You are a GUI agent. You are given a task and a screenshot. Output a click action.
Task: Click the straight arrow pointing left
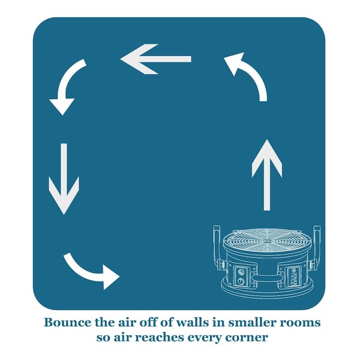[155, 59]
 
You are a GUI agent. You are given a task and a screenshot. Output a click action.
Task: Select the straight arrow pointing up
[267, 175]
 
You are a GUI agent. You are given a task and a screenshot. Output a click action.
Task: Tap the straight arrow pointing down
[64, 179]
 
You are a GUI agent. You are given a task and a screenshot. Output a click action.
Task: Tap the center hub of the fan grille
[267, 241]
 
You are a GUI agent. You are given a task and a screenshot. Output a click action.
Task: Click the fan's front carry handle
[267, 278]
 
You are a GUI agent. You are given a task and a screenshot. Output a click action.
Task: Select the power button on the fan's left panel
[241, 281]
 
